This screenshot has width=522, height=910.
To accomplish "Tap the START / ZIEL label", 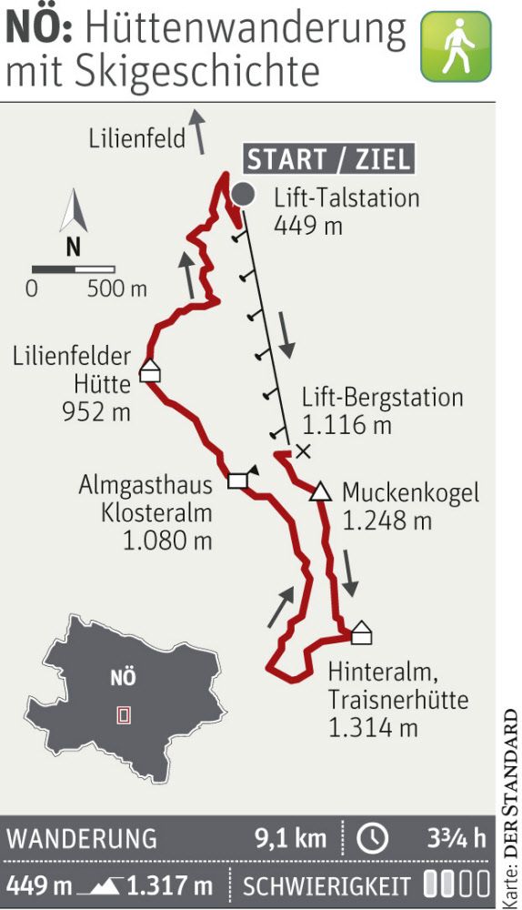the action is pos(328,160).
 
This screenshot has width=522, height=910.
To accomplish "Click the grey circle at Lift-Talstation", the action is pos(243,193).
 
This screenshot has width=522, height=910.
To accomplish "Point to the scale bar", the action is pos(73,269).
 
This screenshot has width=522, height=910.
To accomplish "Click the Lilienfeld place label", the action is pos(137,139).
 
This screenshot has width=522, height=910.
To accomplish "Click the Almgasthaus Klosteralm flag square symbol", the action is pos(238,480).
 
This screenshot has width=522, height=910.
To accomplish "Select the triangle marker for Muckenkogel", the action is pos(319,493).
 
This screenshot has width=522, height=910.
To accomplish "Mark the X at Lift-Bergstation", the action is pos(303,450).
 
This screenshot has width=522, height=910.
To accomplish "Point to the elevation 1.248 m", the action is pos(386,521).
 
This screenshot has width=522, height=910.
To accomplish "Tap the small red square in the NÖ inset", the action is pos(124,715).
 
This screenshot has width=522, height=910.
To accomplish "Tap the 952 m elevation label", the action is pos(96,411).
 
